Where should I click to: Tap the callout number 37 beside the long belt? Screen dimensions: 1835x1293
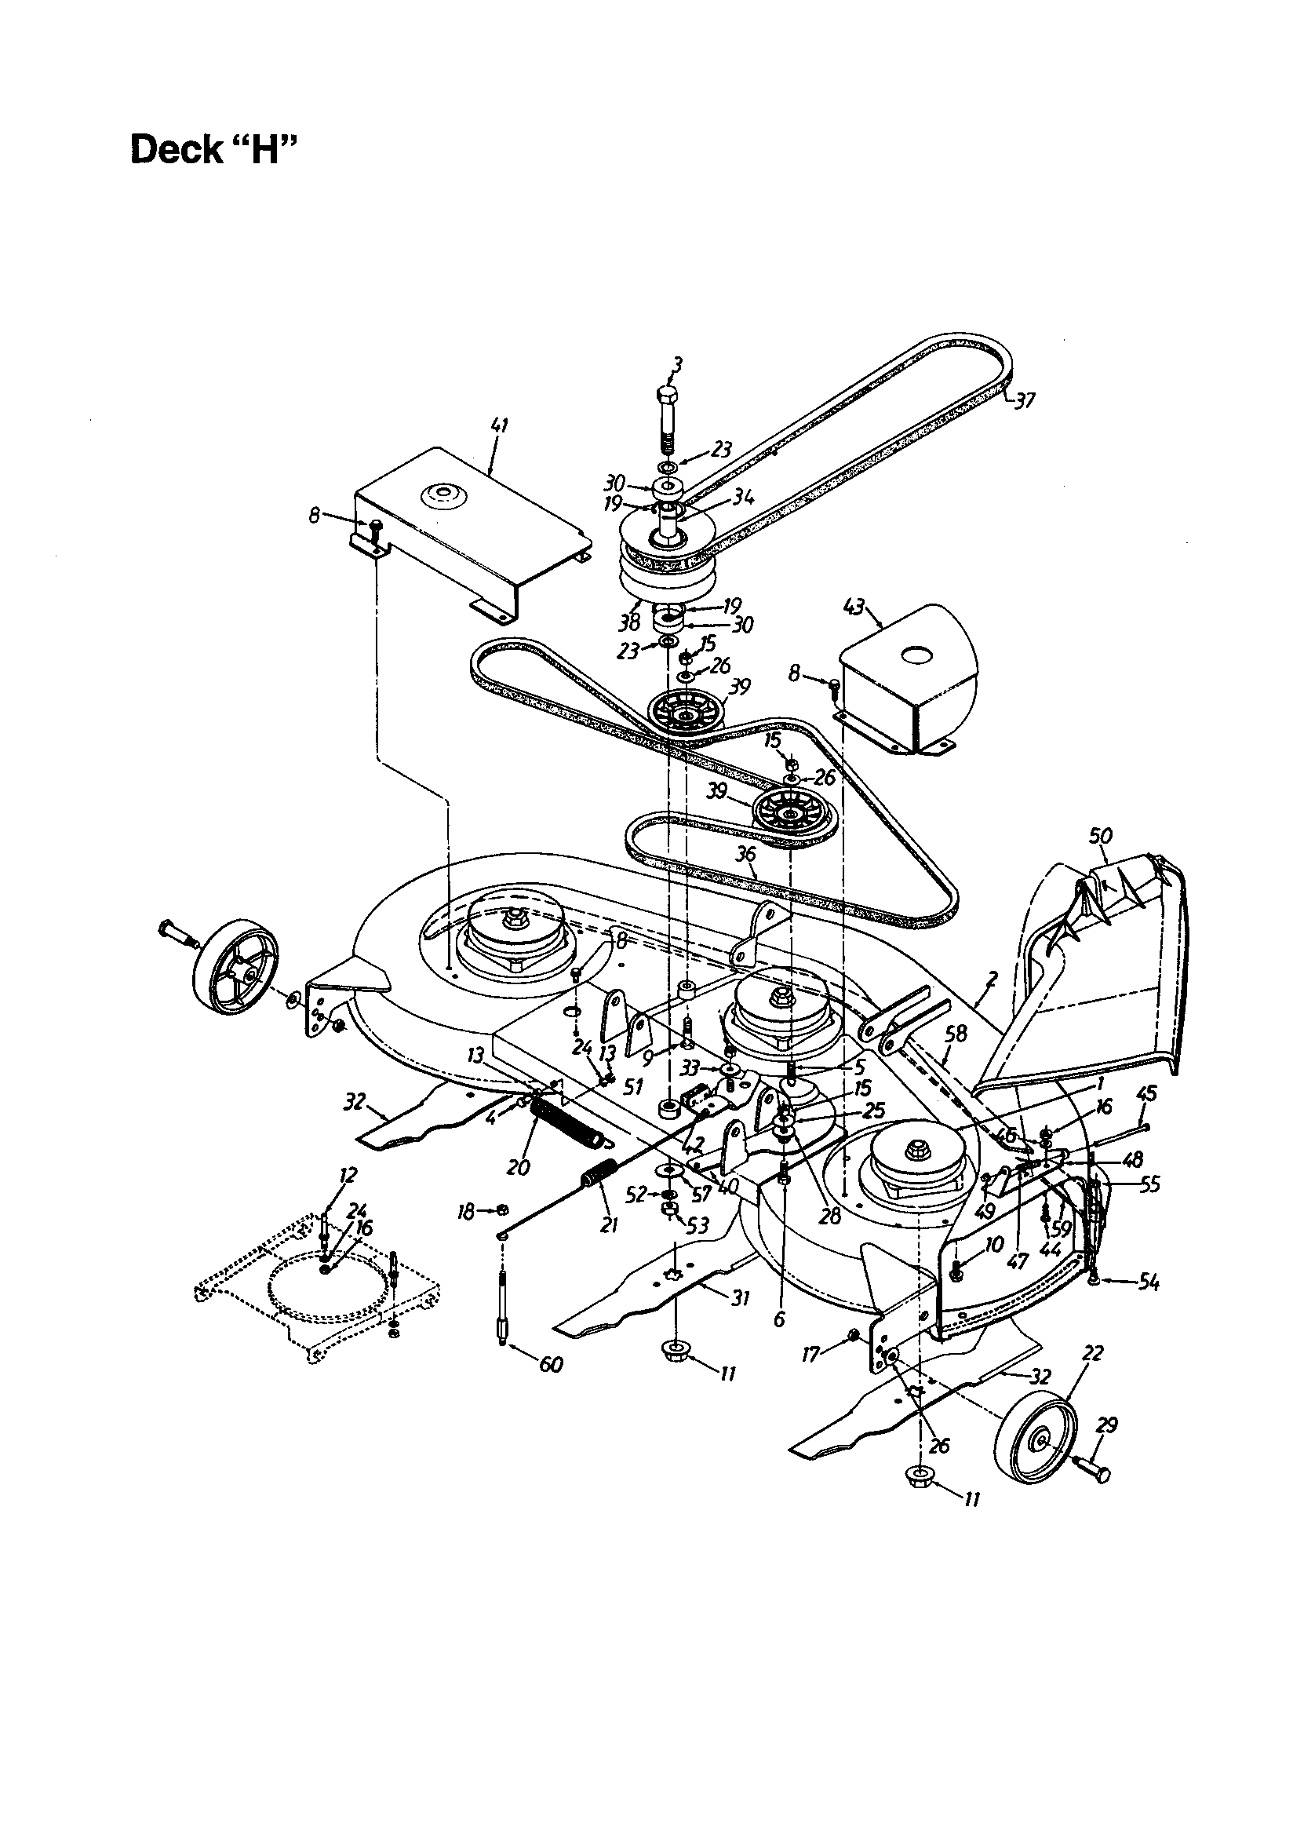[1023, 400]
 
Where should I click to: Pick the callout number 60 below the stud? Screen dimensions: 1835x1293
[551, 1364]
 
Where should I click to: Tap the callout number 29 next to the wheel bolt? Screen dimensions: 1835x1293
[1107, 1425]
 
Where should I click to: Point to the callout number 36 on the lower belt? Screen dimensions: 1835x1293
[745, 855]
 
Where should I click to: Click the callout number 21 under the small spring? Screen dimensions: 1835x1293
[609, 1224]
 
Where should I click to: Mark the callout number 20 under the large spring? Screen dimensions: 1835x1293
[519, 1169]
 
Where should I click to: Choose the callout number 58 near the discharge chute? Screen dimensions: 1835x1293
[956, 1034]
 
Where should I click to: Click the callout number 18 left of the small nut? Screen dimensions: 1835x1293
[466, 1213]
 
